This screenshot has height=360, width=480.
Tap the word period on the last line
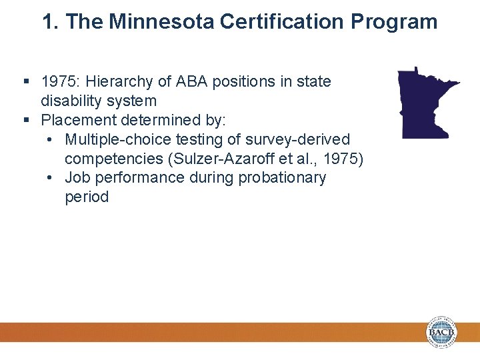(87, 197)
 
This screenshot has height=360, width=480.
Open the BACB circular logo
(442, 331)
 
